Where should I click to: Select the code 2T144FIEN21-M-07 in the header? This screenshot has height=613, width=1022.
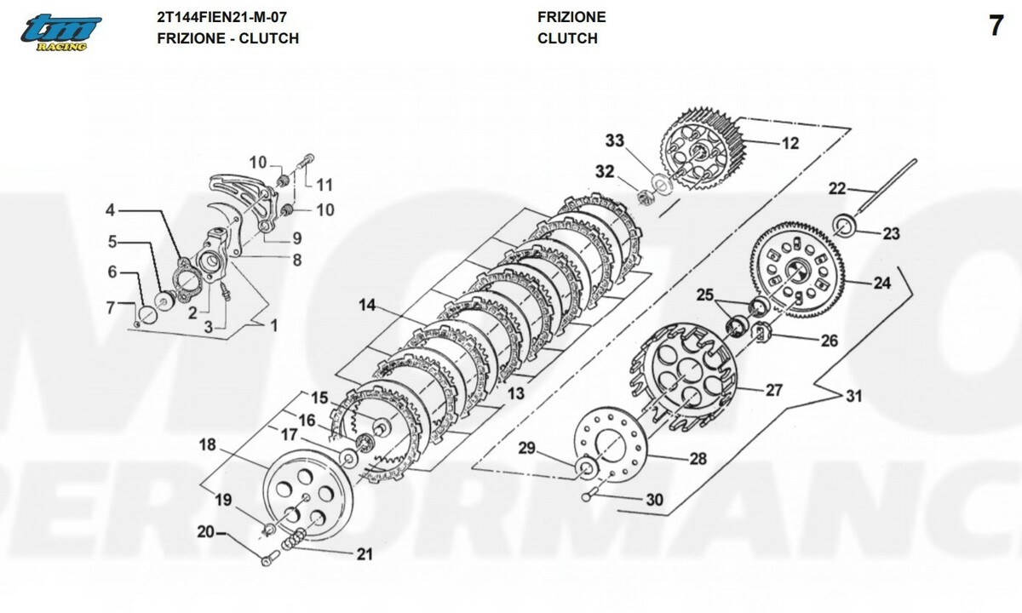click(221, 17)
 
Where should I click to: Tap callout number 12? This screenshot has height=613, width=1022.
click(790, 143)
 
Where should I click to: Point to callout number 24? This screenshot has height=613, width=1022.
click(881, 283)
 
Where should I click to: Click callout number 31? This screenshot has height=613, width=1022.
click(853, 396)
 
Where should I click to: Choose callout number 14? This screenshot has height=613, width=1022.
click(367, 304)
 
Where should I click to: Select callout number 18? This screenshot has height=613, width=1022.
click(209, 444)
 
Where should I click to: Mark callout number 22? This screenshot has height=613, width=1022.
click(838, 188)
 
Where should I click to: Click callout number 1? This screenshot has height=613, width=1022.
click(274, 324)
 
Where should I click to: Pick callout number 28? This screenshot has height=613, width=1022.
click(698, 458)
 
